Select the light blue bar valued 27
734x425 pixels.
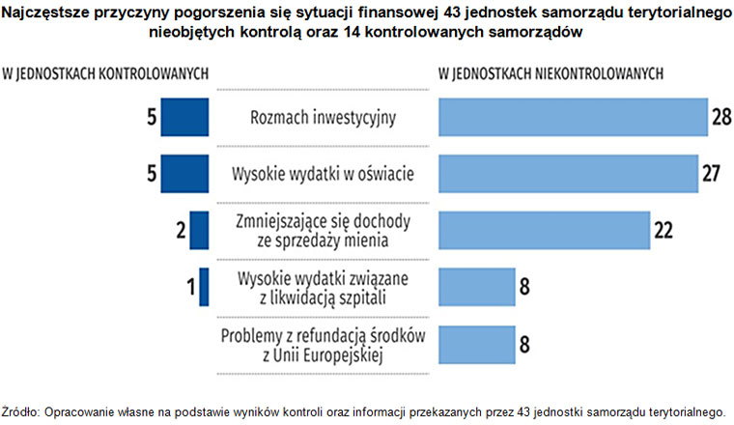[568, 174]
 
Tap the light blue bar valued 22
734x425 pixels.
[544, 230]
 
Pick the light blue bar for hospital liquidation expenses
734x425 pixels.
[477, 287]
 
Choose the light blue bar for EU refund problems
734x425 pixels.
[477, 343]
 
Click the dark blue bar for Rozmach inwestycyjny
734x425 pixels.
[184, 117]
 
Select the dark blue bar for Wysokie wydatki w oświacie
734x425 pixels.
[184, 174]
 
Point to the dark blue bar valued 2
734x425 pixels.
[200, 230]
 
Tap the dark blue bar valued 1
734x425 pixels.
[204, 287]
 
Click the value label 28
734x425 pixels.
[720, 117]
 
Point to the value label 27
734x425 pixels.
[711, 174]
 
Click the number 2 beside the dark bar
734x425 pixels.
[181, 230]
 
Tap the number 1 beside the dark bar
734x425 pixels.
[190, 287]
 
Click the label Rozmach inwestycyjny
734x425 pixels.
[324, 118]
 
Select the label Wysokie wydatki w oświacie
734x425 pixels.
[324, 175]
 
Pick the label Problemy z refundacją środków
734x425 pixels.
[324, 335]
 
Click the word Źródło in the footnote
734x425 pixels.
[20, 409]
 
